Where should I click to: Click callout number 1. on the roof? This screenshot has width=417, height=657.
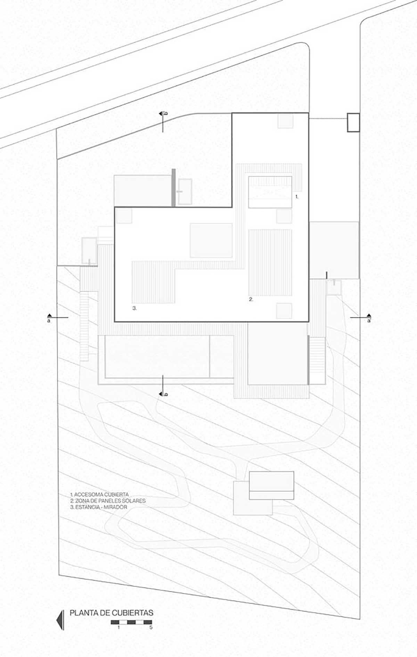click(297, 196)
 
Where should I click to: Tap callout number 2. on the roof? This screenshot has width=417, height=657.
click(251, 299)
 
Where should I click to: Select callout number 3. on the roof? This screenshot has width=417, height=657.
click(134, 308)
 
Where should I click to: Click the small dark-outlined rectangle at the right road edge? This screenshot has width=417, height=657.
click(353, 122)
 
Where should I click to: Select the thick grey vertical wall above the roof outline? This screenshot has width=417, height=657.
click(173, 187)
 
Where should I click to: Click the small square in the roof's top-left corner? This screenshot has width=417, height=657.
click(124, 216)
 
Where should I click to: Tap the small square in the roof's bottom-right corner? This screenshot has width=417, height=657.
click(284, 310)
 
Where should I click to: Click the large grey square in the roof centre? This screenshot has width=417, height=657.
click(211, 240)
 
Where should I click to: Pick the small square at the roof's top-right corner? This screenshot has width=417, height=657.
click(285, 121)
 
